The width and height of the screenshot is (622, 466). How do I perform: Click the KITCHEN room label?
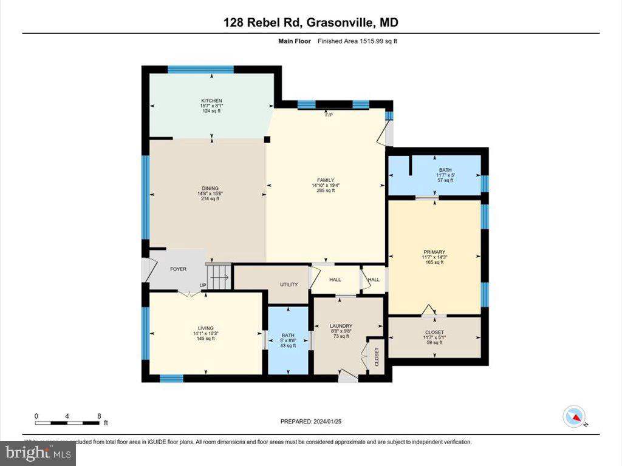pyautogui.click(x=211, y=101)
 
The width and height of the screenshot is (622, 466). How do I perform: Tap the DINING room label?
pyautogui.click(x=210, y=188)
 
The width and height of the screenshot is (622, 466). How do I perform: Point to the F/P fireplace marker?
pyautogui.click(x=329, y=115)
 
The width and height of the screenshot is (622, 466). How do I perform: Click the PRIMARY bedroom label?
pyautogui.click(x=434, y=252)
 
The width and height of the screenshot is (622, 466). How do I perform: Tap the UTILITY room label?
pyautogui.click(x=288, y=284)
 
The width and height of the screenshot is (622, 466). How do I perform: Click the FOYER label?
pyautogui.click(x=178, y=269)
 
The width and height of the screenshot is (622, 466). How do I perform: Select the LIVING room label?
pyautogui.click(x=205, y=328)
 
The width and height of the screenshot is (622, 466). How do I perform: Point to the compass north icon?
pyautogui.click(x=574, y=416)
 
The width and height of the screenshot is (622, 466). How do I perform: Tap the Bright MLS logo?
pyautogui.click(x=38, y=453)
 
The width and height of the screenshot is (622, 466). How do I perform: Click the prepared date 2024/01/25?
pyautogui.click(x=315, y=421)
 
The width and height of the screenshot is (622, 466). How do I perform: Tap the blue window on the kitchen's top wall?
pyautogui.click(x=200, y=69)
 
